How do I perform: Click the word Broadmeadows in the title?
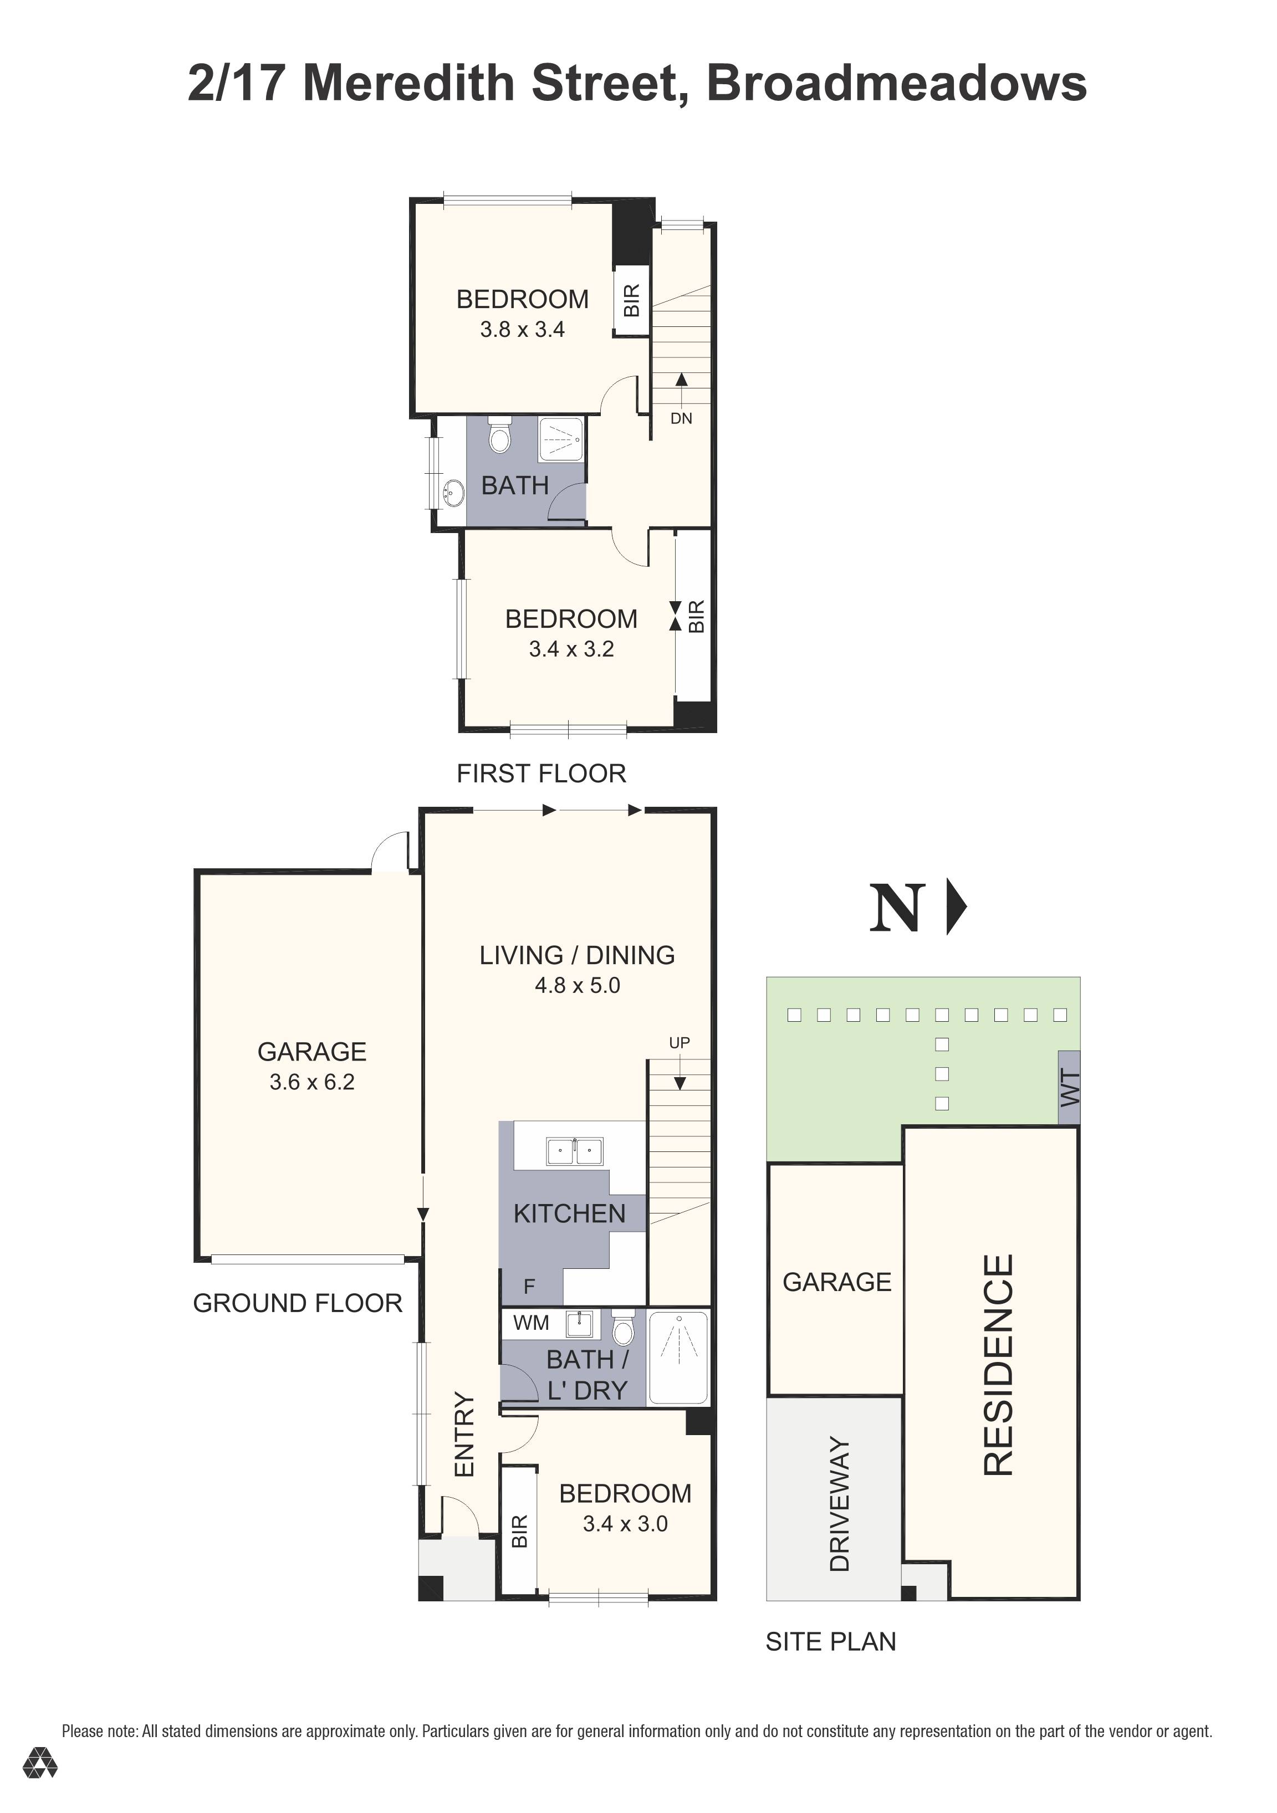896,84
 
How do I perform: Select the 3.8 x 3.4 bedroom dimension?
522,329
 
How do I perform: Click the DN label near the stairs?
681,418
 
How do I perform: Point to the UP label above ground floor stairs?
679,1042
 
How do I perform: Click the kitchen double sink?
574,1152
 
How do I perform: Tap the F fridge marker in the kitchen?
529,1286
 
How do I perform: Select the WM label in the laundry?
531,1323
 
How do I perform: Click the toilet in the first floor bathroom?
499,436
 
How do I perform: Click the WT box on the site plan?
1069,1087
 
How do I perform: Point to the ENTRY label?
464,1434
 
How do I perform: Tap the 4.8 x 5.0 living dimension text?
578,986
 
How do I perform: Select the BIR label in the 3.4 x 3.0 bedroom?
519,1531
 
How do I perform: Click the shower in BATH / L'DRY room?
678,1358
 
